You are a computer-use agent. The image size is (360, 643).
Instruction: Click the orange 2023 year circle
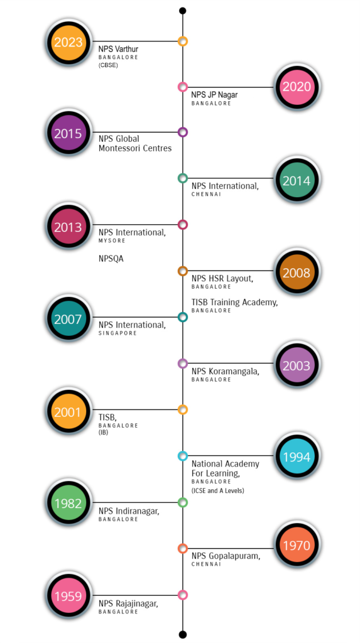click(68, 42)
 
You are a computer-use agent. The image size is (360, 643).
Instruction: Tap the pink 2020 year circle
click(297, 87)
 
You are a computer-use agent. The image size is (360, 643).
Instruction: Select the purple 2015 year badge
click(68, 134)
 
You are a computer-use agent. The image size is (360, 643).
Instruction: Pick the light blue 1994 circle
click(297, 457)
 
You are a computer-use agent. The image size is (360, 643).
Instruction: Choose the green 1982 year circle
click(68, 504)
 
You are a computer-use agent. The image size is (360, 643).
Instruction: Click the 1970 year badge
click(297, 546)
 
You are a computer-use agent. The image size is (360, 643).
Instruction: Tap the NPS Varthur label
click(118, 49)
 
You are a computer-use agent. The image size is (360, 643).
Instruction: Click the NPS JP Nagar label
click(214, 95)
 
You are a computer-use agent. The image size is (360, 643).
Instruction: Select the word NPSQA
click(111, 259)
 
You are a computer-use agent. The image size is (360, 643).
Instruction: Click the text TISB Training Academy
click(234, 303)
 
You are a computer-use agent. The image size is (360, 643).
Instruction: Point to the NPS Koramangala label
click(225, 372)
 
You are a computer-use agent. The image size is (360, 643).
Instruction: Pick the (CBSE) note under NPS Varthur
click(108, 65)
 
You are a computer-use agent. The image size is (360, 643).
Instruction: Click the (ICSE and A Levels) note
click(217, 490)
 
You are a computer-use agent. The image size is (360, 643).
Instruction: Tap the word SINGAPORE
click(117, 333)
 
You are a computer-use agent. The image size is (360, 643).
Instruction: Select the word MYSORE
click(112, 240)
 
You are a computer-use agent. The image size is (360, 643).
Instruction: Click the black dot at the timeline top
click(183, 11)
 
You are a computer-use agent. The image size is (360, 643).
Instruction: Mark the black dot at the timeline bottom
click(183, 634)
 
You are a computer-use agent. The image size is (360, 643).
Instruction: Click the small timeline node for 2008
click(183, 271)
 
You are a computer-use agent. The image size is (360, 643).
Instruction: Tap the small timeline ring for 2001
click(183, 409)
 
